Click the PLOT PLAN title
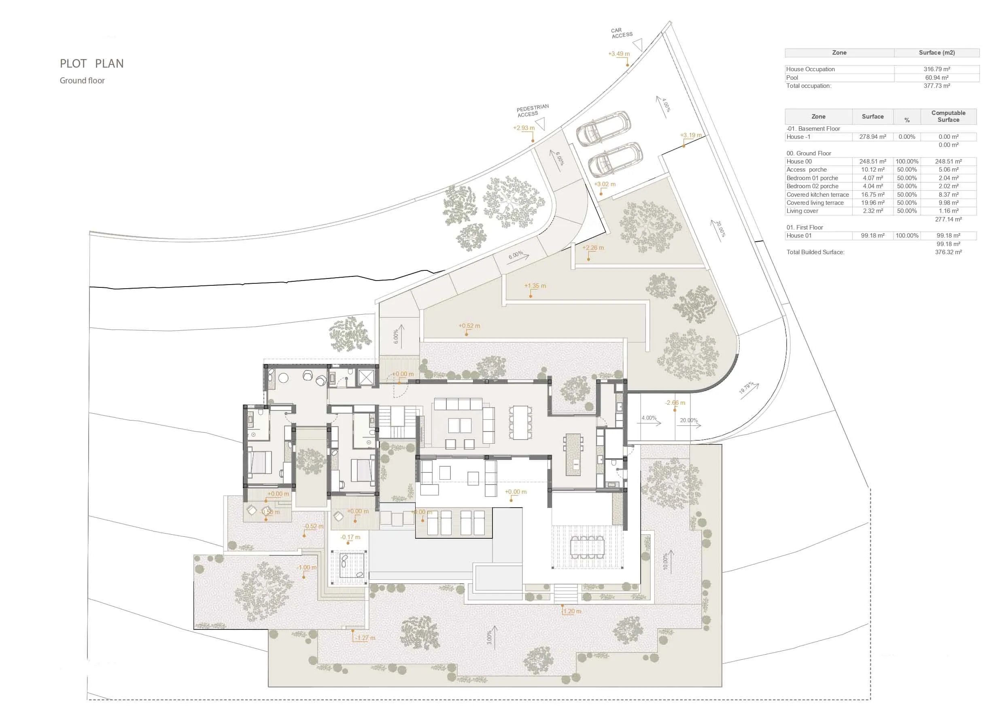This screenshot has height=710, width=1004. point(91,64)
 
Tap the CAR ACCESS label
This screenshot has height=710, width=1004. point(621,33)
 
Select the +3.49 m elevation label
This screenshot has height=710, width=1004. point(619,54)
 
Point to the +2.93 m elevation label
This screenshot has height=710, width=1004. point(523,128)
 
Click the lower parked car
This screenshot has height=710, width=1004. point(615,159)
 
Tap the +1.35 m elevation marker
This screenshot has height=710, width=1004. point(535,286)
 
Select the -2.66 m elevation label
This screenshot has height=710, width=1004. point(675,402)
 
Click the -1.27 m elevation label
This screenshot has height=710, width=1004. point(365,638)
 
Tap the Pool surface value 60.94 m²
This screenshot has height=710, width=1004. point(936,77)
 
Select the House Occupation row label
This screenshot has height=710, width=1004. point(810,69)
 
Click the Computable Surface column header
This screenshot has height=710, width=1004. point(948,116)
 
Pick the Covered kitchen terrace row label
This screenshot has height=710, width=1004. point(817,194)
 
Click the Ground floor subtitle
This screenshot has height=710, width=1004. point(82,81)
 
